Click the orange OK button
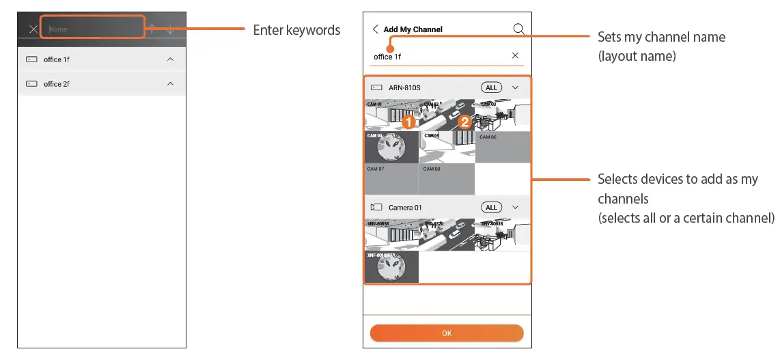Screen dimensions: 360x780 point(447,333)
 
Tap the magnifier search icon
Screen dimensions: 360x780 point(518,29)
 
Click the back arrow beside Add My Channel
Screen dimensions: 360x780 point(375,29)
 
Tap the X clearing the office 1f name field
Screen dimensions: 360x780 point(515,55)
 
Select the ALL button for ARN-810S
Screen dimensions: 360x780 point(491,87)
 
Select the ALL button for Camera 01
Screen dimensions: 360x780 point(491,207)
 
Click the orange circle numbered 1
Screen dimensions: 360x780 point(408,122)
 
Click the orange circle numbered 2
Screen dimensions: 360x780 point(464,122)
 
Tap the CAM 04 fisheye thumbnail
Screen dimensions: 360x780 point(391,147)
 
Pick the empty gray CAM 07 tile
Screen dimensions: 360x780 point(391,179)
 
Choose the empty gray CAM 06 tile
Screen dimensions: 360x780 point(503,147)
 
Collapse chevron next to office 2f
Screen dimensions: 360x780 point(170,84)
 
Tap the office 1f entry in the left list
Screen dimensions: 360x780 point(57,59)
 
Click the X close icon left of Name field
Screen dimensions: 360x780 point(33,29)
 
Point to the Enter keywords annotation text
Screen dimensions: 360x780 point(296,30)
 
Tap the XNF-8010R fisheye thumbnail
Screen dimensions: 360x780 point(391,267)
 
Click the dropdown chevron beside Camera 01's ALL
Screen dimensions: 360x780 point(516,207)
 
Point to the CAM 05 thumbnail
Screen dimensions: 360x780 point(447,147)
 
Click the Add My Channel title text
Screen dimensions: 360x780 point(413,29)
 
